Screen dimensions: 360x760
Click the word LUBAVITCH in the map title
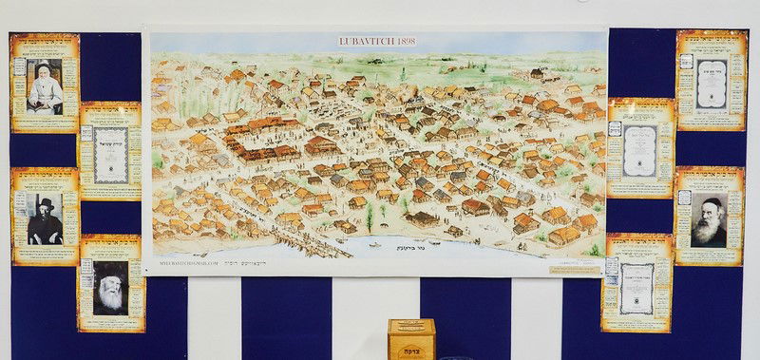tap(362, 42)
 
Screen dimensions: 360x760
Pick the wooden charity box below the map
tap(411, 339)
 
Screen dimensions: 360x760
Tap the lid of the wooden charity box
tap(411, 324)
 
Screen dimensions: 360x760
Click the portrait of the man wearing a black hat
tap(45, 218)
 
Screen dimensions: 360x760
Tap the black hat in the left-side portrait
tap(45, 202)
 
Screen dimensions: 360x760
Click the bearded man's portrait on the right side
tap(708, 220)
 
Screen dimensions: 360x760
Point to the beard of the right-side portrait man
tap(708, 233)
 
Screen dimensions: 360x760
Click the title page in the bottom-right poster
tap(636, 288)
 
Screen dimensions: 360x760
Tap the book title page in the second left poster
tap(111, 154)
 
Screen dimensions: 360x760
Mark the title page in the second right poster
tap(639, 150)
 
